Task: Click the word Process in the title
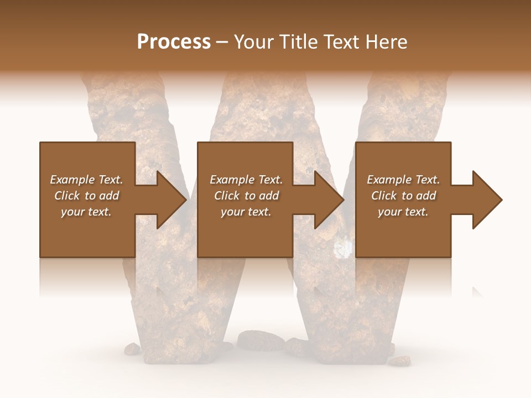[174, 42]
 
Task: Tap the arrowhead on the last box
[487, 200]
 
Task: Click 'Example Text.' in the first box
[86, 180]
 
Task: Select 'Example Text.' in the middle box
[246, 180]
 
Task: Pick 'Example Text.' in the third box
[403, 180]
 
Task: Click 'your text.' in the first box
[86, 212]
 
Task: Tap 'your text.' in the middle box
[246, 212]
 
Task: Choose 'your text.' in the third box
[403, 212]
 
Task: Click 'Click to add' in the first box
[86, 196]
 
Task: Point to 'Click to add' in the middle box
[246, 196]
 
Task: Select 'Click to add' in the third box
[403, 196]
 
